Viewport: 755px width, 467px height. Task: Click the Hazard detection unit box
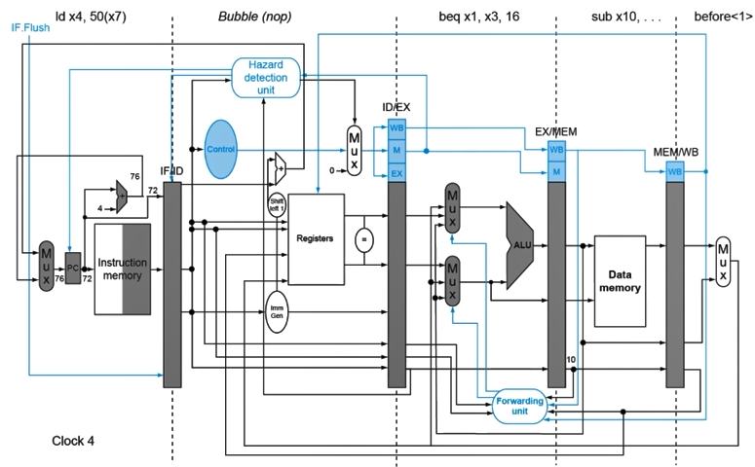click(x=267, y=77)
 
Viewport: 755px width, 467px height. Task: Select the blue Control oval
click(x=221, y=149)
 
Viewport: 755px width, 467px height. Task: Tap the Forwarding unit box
click(x=520, y=406)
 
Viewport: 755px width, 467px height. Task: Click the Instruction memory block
click(x=123, y=269)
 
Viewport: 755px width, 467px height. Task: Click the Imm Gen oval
click(x=276, y=312)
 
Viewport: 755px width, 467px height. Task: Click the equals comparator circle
click(x=364, y=237)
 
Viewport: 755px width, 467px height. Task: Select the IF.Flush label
click(x=29, y=27)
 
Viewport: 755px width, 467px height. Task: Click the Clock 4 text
click(x=73, y=441)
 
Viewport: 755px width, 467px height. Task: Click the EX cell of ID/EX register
click(x=396, y=173)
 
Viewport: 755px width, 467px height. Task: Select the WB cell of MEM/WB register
click(x=674, y=171)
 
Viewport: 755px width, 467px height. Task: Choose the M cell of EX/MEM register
click(x=556, y=171)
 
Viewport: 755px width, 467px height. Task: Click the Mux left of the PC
click(x=47, y=266)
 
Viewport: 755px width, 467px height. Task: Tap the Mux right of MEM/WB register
click(x=723, y=261)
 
